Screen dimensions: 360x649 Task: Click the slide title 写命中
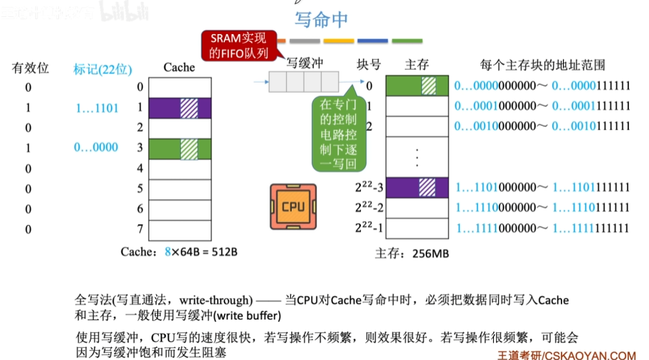[x=321, y=19]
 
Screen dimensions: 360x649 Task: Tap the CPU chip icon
[x=292, y=206]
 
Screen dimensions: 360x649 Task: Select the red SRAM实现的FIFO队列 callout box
[x=238, y=46]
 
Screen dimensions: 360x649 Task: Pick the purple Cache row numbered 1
[x=179, y=108]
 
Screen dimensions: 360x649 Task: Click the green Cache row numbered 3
[x=179, y=148]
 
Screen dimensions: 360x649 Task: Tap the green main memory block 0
[x=416, y=85]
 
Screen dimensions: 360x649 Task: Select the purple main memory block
[x=416, y=187]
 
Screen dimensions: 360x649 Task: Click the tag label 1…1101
[x=97, y=108]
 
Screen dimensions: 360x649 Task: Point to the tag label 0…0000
[x=96, y=147]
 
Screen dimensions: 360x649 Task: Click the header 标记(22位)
[x=103, y=69]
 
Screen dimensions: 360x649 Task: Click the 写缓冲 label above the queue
[x=305, y=63]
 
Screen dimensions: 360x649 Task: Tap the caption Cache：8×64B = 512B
[x=179, y=252]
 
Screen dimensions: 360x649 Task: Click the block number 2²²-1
[x=369, y=228]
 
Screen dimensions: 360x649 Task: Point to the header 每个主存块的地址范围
[x=542, y=65]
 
